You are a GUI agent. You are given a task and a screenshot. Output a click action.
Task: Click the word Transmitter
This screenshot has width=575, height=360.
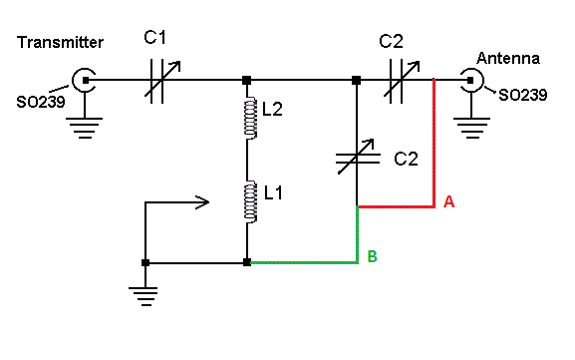pyautogui.click(x=60, y=42)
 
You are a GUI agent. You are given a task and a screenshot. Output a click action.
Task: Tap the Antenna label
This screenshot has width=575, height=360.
pyautogui.click(x=508, y=59)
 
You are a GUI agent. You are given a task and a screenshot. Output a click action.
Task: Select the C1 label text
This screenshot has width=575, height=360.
pyautogui.click(x=155, y=38)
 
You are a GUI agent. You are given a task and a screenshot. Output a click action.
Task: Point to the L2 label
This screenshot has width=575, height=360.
pyautogui.click(x=272, y=109)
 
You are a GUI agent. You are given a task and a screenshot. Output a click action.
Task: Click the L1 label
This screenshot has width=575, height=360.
pyautogui.click(x=274, y=192)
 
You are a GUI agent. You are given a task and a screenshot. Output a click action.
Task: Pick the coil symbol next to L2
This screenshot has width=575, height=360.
pyautogui.click(x=250, y=118)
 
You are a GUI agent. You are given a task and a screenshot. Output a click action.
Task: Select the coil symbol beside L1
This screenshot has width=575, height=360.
pyautogui.click(x=250, y=201)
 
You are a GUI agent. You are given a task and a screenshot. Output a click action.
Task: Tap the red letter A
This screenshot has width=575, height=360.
pyautogui.click(x=448, y=201)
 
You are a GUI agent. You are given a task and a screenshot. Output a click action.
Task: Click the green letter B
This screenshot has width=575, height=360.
pyautogui.click(x=373, y=256)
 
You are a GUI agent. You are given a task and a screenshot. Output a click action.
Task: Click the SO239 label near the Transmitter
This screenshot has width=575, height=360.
pyautogui.click(x=41, y=102)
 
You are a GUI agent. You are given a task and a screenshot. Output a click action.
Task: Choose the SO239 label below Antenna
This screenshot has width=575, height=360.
pyautogui.click(x=523, y=95)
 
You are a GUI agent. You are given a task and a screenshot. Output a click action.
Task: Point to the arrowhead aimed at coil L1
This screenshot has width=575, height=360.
pyautogui.click(x=202, y=201)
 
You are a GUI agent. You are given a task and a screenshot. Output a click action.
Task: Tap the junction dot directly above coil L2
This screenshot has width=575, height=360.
pyautogui.click(x=247, y=80)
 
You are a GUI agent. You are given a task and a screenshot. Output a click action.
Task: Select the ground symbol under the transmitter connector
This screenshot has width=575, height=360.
pyautogui.click(x=85, y=128)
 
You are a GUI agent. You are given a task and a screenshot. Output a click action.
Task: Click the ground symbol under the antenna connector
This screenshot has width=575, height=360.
pyautogui.click(x=471, y=128)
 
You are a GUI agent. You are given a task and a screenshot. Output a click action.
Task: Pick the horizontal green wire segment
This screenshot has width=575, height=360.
pyautogui.click(x=304, y=262)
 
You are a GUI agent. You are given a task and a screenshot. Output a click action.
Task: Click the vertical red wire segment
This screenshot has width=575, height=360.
pyautogui.click(x=434, y=144)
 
